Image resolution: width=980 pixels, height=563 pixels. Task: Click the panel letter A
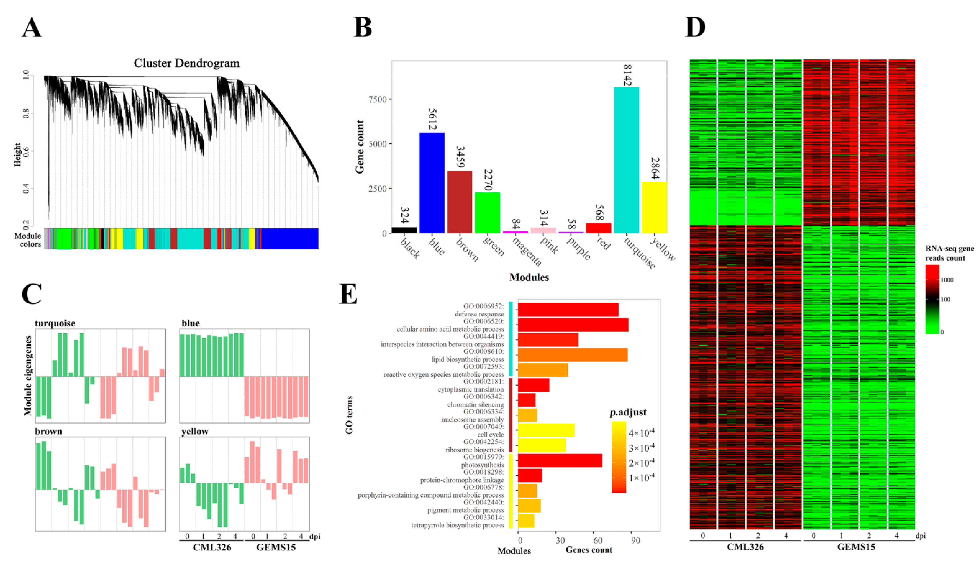pos(32,28)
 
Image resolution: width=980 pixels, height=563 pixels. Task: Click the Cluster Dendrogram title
pos(187,63)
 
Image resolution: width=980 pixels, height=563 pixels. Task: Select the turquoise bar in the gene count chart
pos(626,160)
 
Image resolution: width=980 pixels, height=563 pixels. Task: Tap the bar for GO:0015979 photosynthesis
pos(560,460)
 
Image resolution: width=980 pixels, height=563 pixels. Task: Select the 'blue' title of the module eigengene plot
pos(190,323)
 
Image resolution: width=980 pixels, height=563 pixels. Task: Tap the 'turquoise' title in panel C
pos(55,323)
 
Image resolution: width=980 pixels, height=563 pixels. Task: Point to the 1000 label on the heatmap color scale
pos(947,280)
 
